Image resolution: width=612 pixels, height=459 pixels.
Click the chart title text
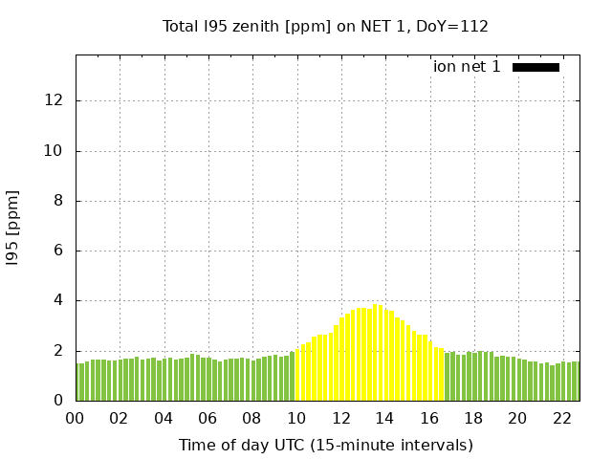click(x=325, y=26)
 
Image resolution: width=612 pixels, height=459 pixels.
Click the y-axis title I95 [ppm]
click(x=13, y=228)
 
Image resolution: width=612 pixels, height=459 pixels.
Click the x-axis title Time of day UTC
click(x=325, y=445)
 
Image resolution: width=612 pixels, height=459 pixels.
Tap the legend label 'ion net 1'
click(x=467, y=67)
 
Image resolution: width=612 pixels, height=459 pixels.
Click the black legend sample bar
click(x=535, y=67)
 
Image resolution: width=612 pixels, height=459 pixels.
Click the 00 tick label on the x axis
click(x=75, y=418)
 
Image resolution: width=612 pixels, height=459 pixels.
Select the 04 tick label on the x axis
click(x=164, y=418)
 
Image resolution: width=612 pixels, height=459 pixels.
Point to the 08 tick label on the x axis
click(x=251, y=418)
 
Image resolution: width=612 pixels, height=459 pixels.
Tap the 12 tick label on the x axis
click(x=340, y=418)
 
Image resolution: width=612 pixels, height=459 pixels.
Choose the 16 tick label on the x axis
click(x=428, y=418)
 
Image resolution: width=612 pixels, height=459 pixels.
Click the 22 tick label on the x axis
click(x=561, y=418)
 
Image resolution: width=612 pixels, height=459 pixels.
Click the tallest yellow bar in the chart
click(x=376, y=354)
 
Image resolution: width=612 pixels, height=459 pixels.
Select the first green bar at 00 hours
click(x=77, y=382)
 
